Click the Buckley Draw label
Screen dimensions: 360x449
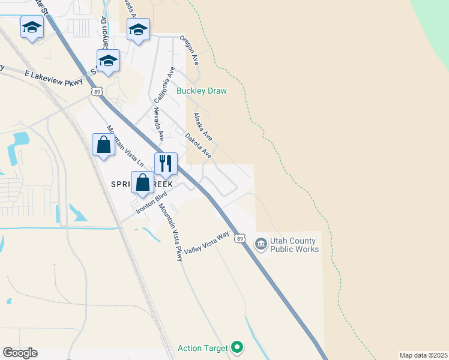[x=202, y=91]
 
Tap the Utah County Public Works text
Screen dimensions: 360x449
[x=294, y=245]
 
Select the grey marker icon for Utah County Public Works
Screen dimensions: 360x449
[x=261, y=244]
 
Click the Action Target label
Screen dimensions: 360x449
[x=203, y=348]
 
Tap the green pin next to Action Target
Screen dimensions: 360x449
[x=238, y=347]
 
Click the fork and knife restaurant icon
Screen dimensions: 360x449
[x=166, y=163]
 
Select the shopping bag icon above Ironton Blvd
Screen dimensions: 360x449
[x=142, y=182]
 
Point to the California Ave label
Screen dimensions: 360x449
[x=164, y=85]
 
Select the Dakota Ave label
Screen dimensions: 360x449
[x=199, y=145]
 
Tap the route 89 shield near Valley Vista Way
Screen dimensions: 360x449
[x=240, y=238]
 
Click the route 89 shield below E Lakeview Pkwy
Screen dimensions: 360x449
[x=97, y=91]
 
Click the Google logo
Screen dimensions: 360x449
[x=20, y=353]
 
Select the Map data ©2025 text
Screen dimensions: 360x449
[x=423, y=355]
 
